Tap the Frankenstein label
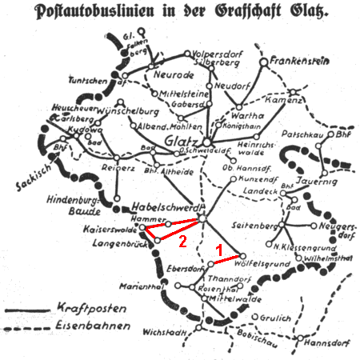(299, 60)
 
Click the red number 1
(218, 250)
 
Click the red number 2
(182, 239)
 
